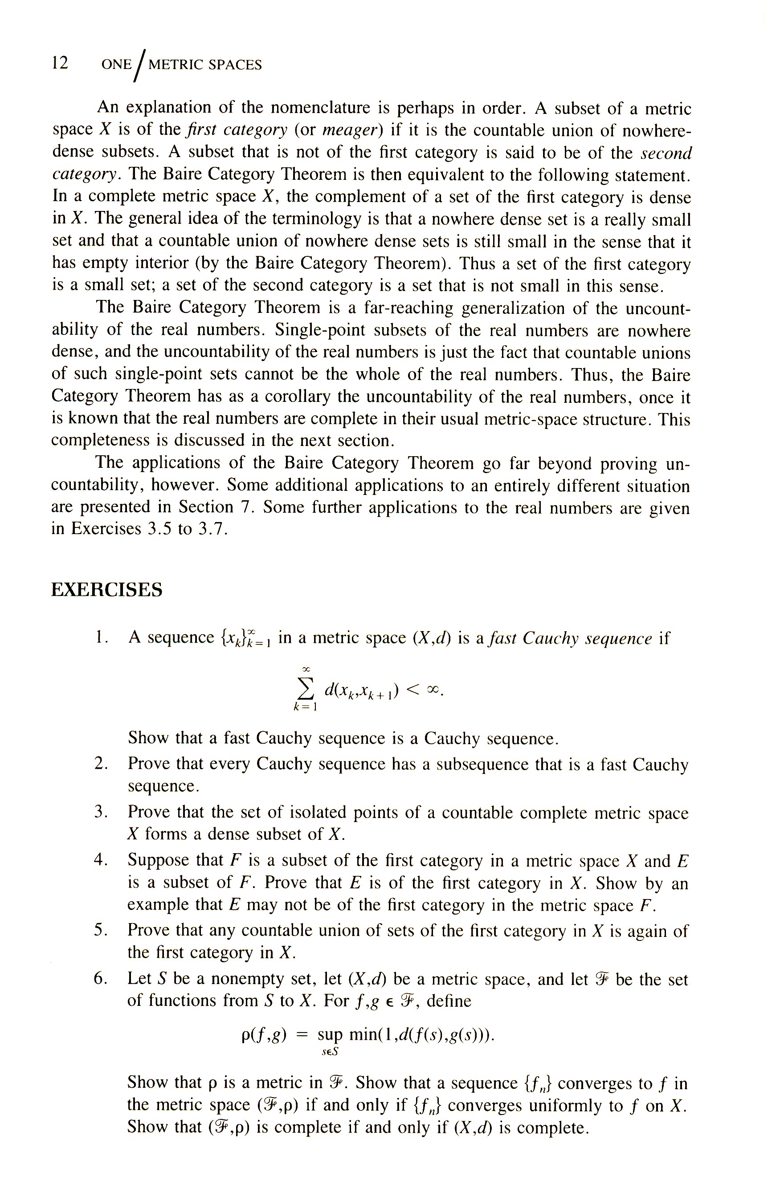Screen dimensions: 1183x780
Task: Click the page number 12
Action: pos(60,63)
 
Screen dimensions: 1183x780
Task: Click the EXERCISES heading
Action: pos(106,590)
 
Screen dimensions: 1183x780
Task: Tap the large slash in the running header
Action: pos(140,65)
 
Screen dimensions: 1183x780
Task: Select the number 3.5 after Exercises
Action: pos(160,529)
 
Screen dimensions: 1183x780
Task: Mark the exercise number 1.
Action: pos(101,637)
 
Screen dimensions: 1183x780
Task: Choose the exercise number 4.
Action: pos(101,859)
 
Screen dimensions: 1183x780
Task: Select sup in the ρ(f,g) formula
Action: pos(330,1035)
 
